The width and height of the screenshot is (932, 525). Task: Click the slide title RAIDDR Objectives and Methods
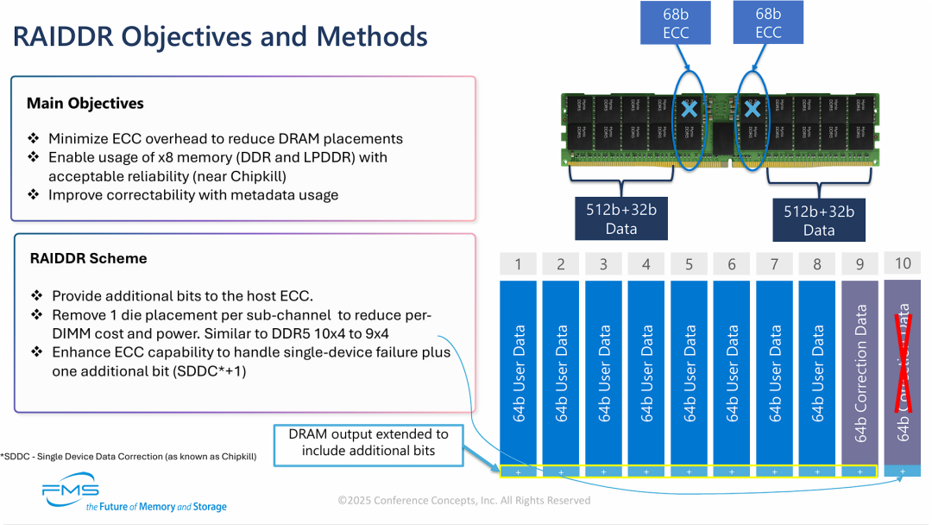click(x=219, y=37)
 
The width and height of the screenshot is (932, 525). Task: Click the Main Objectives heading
click(x=85, y=104)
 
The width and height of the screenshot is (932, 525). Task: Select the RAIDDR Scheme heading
click(x=88, y=258)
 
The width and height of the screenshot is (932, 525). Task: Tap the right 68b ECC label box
click(x=768, y=23)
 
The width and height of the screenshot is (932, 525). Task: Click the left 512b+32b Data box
click(x=621, y=219)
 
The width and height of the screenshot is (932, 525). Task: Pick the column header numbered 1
click(x=518, y=263)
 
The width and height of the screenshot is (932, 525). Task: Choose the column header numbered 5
click(x=689, y=263)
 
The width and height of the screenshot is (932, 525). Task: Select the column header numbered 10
click(x=903, y=262)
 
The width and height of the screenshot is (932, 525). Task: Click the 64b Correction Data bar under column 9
click(x=860, y=371)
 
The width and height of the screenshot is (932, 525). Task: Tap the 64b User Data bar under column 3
click(x=603, y=371)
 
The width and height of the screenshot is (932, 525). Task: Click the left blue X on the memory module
click(x=689, y=110)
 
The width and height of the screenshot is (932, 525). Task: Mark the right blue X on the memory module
click(x=753, y=110)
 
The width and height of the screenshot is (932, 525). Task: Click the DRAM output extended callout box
click(x=368, y=442)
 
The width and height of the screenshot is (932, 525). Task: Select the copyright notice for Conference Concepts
click(x=464, y=500)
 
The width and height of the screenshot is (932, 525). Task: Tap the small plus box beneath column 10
click(x=903, y=471)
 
